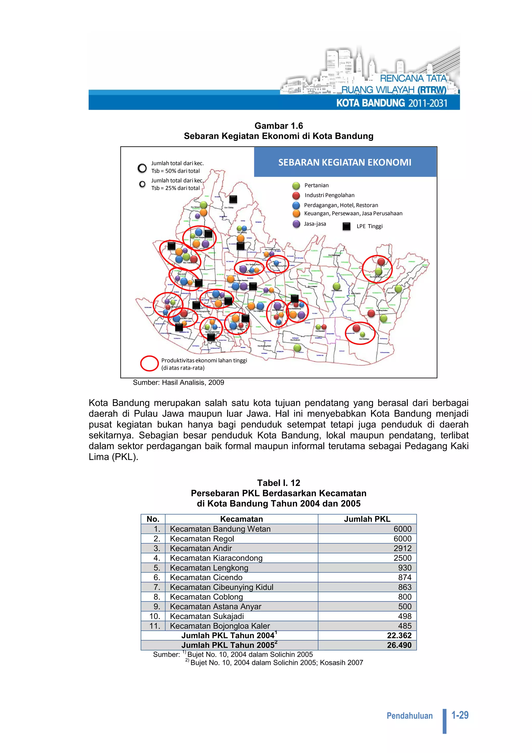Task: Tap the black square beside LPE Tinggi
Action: click(x=346, y=226)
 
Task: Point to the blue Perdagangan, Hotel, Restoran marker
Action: click(x=296, y=205)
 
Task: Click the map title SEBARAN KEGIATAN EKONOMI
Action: click(x=344, y=162)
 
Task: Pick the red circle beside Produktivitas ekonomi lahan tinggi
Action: click(x=149, y=364)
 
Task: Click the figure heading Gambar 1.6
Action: click(x=279, y=125)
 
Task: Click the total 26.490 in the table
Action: click(x=399, y=645)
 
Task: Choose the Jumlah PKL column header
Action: click(x=367, y=519)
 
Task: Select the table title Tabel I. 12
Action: click(x=279, y=483)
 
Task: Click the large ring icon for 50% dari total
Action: click(x=142, y=168)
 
